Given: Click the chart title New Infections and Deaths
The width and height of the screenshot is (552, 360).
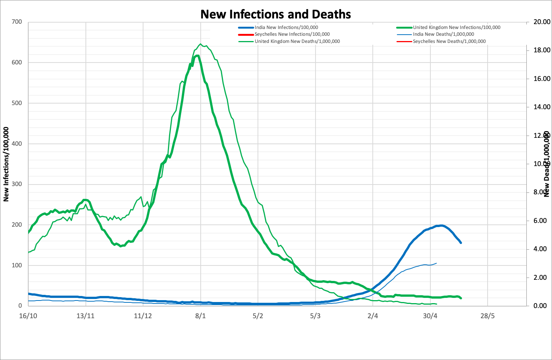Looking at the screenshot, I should (276, 14).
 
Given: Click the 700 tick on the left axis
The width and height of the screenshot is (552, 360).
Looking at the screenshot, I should (17, 22).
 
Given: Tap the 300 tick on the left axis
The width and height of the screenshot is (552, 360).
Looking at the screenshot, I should (17, 184).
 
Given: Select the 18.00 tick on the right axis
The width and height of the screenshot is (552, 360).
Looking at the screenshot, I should (542, 50).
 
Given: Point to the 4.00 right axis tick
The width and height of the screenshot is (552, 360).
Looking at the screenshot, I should (542, 249).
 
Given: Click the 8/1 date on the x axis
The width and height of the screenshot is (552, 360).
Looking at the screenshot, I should (200, 316).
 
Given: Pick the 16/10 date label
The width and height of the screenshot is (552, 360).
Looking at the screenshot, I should (28, 316).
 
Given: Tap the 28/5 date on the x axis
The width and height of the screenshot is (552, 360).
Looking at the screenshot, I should (487, 316).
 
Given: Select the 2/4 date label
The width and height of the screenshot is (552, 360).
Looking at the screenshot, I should (372, 316).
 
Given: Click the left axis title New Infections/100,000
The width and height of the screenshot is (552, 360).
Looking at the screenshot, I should (6, 164).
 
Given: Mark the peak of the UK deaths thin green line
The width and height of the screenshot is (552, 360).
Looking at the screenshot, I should (200, 44).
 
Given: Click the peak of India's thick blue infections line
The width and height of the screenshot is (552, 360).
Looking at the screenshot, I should (441, 226).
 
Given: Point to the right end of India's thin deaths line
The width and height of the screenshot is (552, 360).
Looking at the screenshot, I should (436, 263).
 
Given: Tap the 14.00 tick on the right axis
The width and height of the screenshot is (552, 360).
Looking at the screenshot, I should (542, 107).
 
